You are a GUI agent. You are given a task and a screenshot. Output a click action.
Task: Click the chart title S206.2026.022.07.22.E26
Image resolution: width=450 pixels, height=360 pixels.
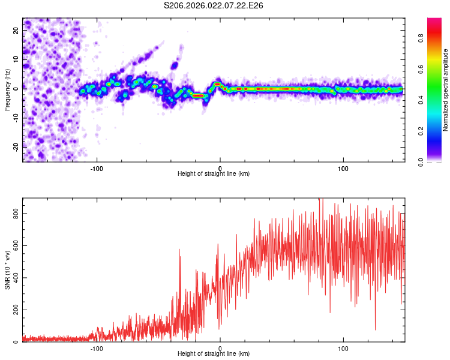click(x=214, y=5)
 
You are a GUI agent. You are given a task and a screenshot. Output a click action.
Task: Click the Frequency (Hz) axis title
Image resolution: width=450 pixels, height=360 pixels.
click(x=7, y=90)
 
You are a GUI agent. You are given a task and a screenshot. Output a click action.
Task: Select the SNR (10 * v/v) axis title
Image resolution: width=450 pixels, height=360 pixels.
click(x=7, y=270)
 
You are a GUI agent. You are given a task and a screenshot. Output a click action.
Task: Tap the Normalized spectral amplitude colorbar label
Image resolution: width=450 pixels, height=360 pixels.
click(x=446, y=90)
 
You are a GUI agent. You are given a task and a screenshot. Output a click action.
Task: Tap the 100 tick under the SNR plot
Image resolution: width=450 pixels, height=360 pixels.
click(x=343, y=348)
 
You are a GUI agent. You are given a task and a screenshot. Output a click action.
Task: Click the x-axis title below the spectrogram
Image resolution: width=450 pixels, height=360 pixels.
click(x=214, y=174)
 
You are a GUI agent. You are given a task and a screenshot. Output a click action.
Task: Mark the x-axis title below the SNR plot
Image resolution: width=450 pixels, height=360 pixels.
click(x=214, y=354)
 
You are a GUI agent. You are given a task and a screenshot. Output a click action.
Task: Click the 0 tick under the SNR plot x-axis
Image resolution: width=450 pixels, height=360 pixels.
click(x=220, y=348)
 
